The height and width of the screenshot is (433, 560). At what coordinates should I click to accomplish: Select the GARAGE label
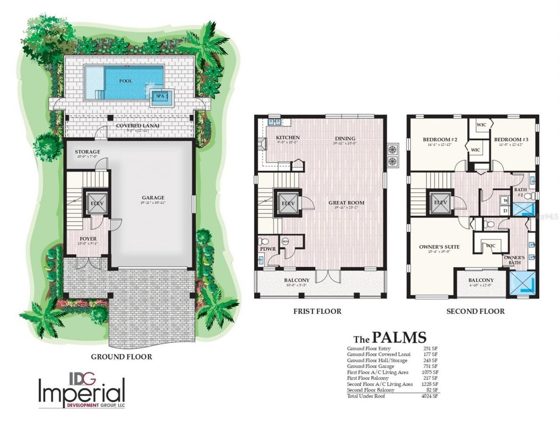click(153, 197)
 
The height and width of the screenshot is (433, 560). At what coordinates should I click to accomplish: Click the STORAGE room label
click(87, 151)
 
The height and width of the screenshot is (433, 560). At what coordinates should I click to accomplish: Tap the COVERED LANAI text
click(137, 126)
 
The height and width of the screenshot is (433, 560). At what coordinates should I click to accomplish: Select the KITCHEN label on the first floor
click(287, 138)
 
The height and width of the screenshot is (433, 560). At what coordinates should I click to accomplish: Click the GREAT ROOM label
click(346, 203)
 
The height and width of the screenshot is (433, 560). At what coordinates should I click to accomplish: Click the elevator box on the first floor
click(287, 204)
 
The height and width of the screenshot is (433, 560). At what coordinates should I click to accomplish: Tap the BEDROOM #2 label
click(440, 140)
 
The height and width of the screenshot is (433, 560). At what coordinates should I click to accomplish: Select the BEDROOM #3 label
click(511, 140)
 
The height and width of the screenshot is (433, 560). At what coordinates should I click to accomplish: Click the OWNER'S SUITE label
click(439, 246)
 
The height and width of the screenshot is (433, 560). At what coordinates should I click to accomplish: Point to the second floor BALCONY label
click(481, 280)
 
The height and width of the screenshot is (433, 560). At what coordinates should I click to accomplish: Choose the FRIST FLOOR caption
click(318, 311)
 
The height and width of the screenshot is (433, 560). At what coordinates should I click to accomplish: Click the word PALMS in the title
click(399, 338)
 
